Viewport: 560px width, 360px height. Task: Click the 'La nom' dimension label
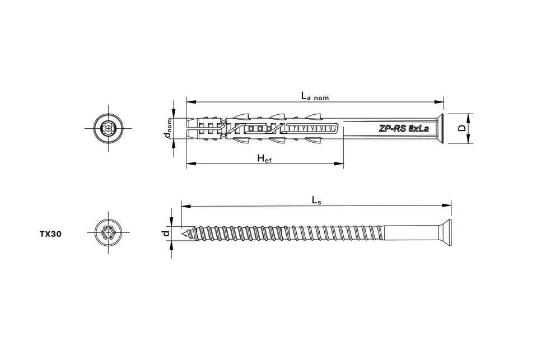pyautogui.click(x=315, y=96)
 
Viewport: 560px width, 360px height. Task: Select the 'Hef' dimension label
pyautogui.click(x=264, y=158)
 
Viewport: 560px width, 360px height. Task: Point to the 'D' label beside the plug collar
pyautogui.click(x=462, y=128)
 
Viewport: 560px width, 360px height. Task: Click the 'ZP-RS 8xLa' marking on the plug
pyautogui.click(x=404, y=128)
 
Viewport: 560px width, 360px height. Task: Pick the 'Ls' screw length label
pyautogui.click(x=316, y=199)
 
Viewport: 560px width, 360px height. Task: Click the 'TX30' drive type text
pyautogui.click(x=50, y=235)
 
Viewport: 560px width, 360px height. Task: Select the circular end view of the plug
pyautogui.click(x=107, y=128)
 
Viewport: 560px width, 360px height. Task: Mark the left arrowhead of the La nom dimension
pyautogui.click(x=189, y=102)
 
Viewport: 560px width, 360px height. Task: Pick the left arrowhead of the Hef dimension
pyautogui.click(x=189, y=164)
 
